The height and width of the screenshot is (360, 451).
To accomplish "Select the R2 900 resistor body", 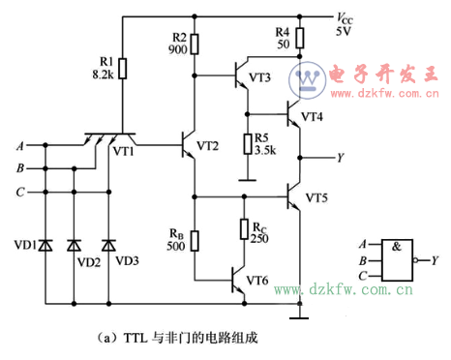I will pyautogui.click(x=195, y=44).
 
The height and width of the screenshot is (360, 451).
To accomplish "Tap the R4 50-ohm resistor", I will pyautogui.click(x=300, y=39).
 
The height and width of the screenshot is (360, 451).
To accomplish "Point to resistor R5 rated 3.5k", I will pyautogui.click(x=246, y=143).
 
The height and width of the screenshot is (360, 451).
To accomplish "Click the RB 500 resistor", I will pyautogui.click(x=195, y=241).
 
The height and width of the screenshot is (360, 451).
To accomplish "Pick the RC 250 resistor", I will pyautogui.click(x=246, y=228).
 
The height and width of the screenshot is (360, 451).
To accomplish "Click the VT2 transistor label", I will pyautogui.click(x=207, y=146).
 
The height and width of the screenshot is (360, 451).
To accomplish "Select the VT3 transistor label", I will pyautogui.click(x=258, y=77).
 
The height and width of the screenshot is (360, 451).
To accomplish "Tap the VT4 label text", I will pyautogui.click(x=312, y=116).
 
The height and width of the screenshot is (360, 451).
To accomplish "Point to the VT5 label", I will pyautogui.click(x=316, y=197).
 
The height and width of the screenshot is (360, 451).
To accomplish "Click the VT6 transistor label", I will pyautogui.click(x=256, y=281).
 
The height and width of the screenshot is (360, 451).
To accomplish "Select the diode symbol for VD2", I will pyautogui.click(x=74, y=245).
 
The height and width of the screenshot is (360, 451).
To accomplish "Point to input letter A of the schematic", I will pyautogui.click(x=20, y=146).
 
